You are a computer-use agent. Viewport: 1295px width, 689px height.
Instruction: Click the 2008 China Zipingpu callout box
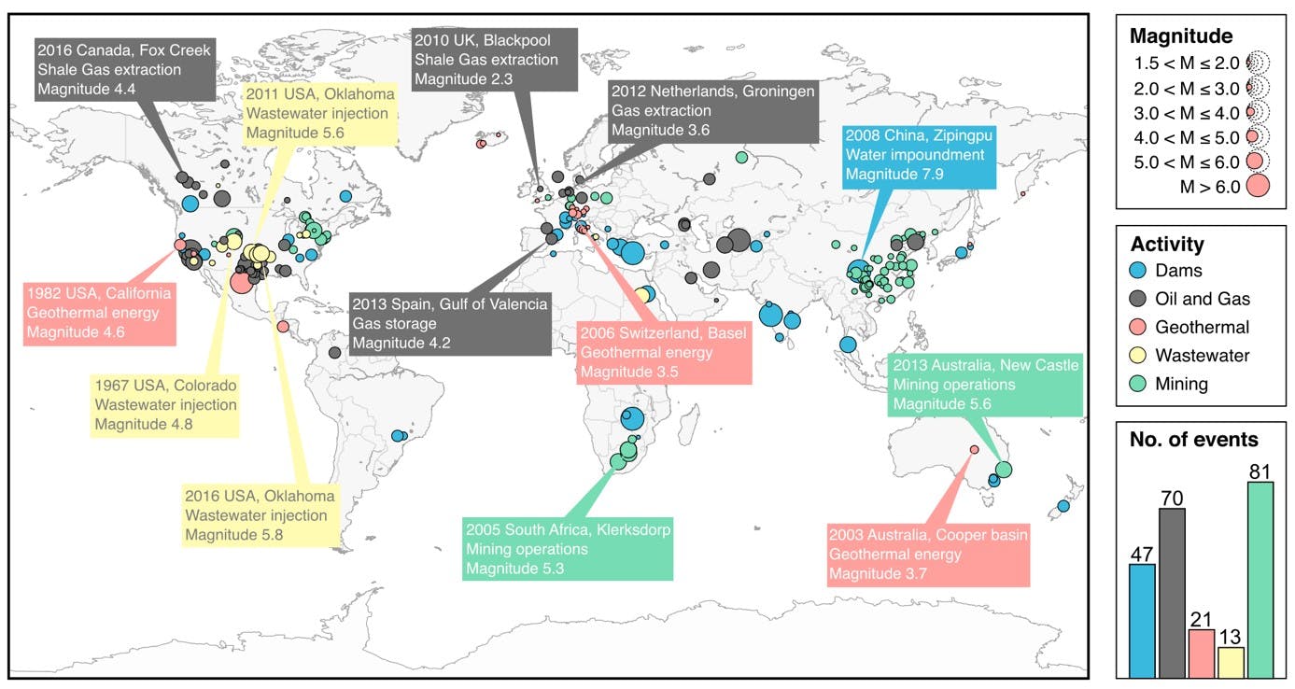[x=919, y=157]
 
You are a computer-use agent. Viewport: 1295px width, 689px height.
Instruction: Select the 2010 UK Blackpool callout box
[x=494, y=60]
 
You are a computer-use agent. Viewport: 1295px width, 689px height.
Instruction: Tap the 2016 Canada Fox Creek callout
[x=125, y=70]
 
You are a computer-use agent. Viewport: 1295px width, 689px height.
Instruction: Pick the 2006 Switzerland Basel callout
[x=664, y=353]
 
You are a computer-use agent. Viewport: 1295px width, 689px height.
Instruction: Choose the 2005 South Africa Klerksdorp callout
[x=568, y=549]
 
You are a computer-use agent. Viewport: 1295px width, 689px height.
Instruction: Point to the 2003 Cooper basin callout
[x=928, y=555]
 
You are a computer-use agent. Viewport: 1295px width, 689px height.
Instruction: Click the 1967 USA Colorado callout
[x=164, y=405]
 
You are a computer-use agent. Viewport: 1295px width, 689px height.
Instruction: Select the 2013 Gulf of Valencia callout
[x=450, y=324]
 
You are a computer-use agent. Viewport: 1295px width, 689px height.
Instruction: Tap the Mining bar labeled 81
[x=1260, y=580]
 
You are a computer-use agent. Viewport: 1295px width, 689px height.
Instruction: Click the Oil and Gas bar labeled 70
[x=1172, y=593]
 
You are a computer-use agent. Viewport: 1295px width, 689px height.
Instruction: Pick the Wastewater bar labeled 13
[x=1231, y=663]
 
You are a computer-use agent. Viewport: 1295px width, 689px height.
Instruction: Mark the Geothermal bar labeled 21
[x=1202, y=654]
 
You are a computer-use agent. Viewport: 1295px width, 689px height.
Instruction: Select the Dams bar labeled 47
[x=1143, y=621]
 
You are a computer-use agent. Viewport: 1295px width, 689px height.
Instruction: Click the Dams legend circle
[x=1138, y=270]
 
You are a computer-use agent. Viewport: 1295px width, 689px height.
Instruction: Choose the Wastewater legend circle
[x=1138, y=355]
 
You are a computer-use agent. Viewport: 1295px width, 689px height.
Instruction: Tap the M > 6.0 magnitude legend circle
[x=1258, y=186]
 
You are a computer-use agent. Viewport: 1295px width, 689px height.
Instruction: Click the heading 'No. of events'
[x=1194, y=440]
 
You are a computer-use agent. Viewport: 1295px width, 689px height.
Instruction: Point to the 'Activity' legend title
[x=1167, y=244]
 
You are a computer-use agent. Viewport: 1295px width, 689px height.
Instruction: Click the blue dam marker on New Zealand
[x=1063, y=506]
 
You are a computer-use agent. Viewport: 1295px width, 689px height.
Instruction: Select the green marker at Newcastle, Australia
[x=1004, y=469]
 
